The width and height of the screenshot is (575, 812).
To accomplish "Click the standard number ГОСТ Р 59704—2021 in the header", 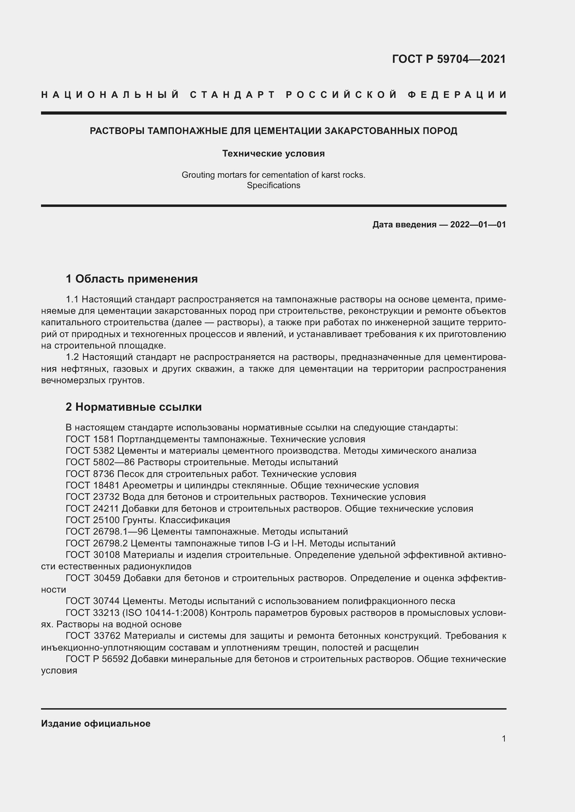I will click(x=448, y=59).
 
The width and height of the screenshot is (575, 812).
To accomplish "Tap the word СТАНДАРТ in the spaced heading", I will click(x=232, y=95).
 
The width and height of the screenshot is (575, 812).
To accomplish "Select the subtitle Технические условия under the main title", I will click(x=273, y=153).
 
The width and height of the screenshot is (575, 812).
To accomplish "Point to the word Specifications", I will click(x=273, y=185).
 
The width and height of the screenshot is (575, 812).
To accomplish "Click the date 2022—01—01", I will click(x=478, y=225).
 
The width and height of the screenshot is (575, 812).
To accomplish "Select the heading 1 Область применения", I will click(x=132, y=279).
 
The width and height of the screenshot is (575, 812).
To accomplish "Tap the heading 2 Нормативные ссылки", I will click(x=133, y=407).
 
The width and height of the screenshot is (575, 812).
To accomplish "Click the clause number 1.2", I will click(x=73, y=357).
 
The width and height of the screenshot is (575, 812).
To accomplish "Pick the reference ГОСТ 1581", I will click(x=90, y=439).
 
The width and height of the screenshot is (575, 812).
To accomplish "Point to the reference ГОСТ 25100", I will click(x=92, y=520).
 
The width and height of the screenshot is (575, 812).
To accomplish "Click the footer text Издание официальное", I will click(x=96, y=723).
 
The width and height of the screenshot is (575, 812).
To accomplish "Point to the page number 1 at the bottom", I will click(x=503, y=738).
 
